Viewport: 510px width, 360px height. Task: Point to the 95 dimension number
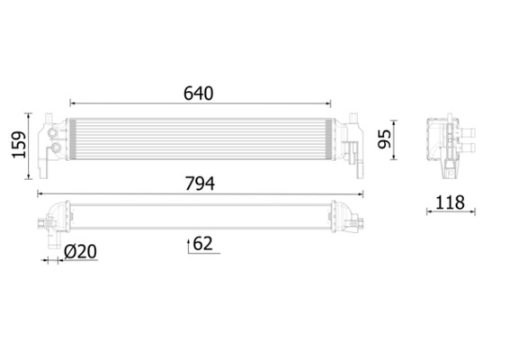383,139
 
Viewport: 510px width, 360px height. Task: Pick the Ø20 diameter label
80,253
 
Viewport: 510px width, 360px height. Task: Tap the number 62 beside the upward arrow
203,243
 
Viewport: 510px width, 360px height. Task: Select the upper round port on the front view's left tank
58,134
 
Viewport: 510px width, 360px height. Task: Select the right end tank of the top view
347,215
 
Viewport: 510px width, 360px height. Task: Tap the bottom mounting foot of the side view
447,168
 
